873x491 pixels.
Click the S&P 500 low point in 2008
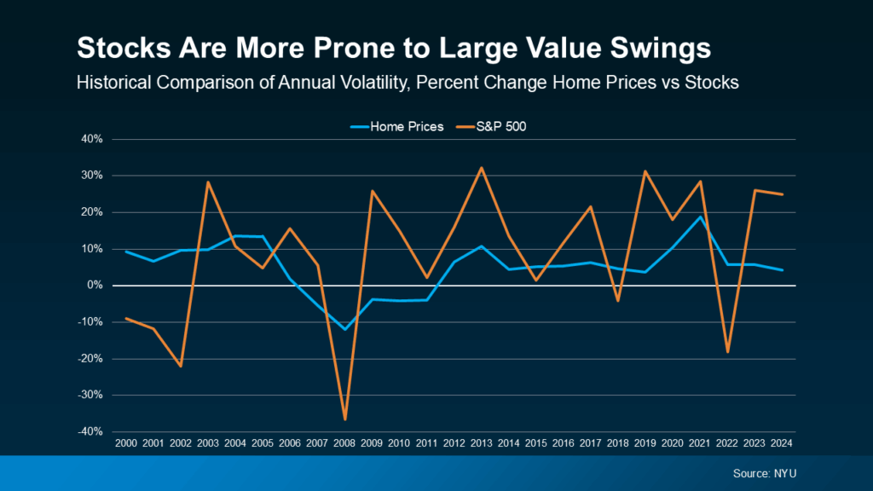tap(345, 419)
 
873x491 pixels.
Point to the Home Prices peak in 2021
tap(701, 217)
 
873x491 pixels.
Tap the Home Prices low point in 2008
tap(345, 329)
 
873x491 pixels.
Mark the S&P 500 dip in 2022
tap(728, 351)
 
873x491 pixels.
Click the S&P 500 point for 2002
tap(181, 367)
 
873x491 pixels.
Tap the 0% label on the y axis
tap(95, 286)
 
